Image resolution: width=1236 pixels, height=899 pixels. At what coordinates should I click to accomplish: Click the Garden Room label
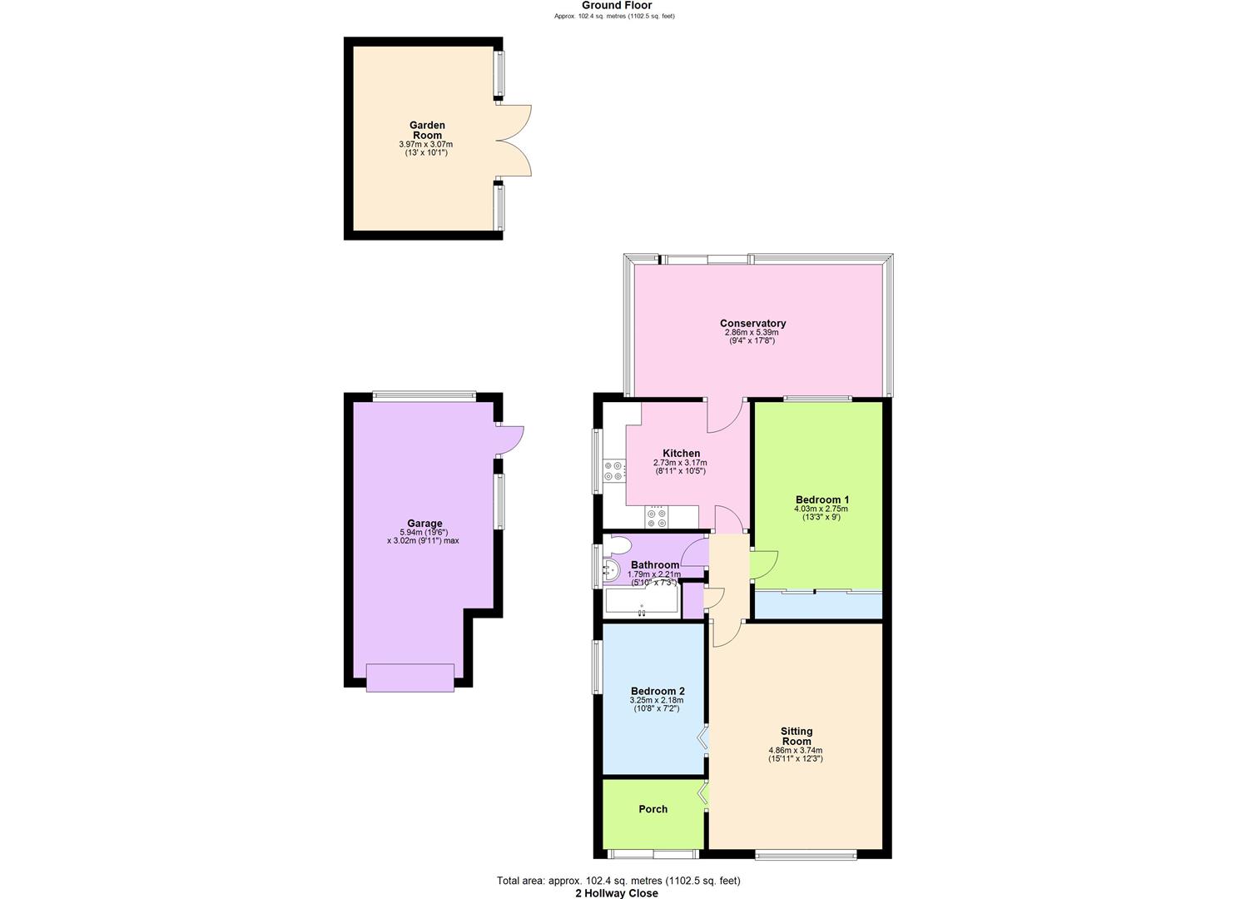pos(426,130)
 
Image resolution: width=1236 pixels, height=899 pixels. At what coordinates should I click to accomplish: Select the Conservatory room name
pos(752,323)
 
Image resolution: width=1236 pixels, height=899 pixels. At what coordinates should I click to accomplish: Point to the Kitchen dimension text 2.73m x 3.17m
pos(679,463)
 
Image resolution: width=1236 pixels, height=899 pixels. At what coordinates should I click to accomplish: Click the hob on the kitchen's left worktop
pos(614,471)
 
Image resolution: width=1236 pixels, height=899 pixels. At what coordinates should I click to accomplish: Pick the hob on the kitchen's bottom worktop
pos(657,518)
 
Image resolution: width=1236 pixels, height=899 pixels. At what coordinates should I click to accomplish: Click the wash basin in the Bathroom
pos(611,570)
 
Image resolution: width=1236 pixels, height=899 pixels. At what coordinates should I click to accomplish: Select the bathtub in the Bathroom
pos(641,601)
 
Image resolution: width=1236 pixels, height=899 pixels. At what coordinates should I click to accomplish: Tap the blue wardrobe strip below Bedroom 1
pos(817,605)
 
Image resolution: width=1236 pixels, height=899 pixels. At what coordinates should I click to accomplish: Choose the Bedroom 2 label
pos(658,691)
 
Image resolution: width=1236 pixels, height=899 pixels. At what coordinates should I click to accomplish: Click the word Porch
pos(653,809)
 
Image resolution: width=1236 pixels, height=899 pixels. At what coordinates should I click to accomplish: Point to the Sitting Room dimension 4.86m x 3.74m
pos(796,750)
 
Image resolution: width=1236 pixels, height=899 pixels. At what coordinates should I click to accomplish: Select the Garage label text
pos(424,524)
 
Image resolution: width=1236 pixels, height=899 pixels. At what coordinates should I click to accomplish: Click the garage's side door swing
pos(509,440)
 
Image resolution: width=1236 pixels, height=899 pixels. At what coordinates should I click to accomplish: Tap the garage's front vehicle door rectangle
pos(410,677)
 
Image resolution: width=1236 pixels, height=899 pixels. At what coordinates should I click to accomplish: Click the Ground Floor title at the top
pos(616,6)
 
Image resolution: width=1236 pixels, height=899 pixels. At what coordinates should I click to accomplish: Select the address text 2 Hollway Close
pos(616,893)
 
